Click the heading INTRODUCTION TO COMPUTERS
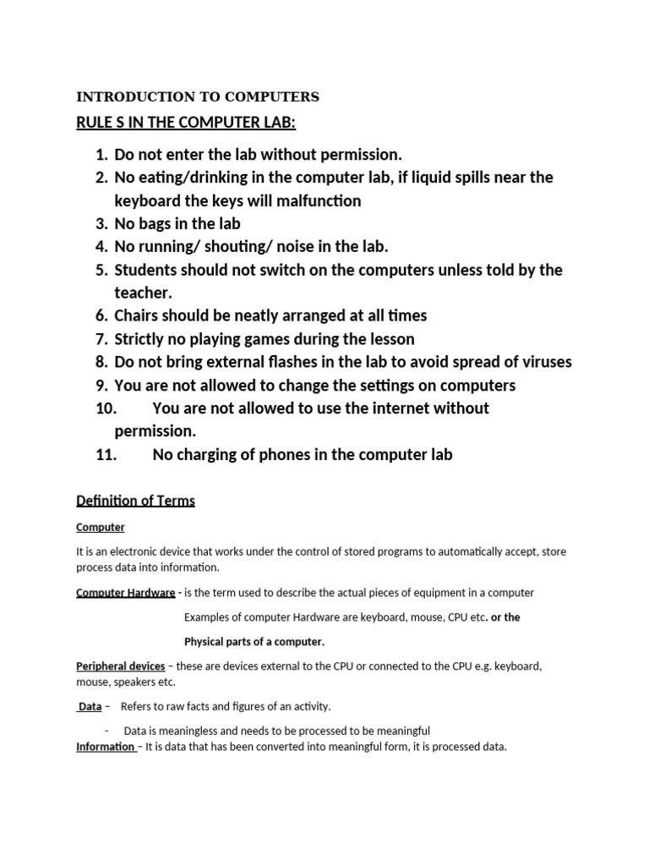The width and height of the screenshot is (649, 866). point(198,96)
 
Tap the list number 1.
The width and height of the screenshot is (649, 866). point(101,155)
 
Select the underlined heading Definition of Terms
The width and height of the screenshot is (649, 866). point(135,501)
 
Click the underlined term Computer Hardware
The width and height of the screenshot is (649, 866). point(125,593)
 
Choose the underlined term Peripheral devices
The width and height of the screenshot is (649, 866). point(121,666)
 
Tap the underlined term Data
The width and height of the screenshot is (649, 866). point(89,706)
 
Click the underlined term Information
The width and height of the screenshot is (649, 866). point(106,747)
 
